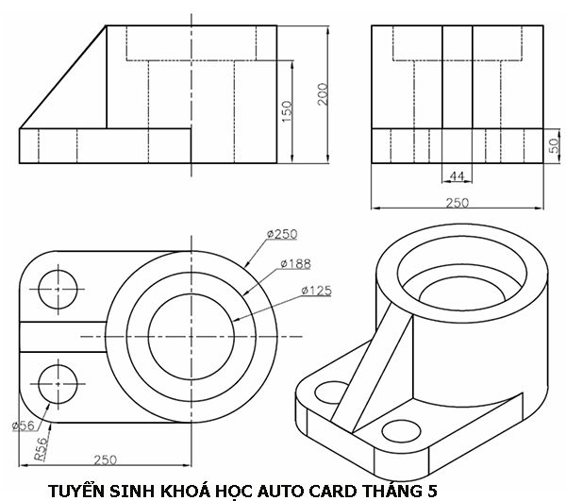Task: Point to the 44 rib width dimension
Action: click(457, 176)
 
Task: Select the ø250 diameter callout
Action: click(282, 234)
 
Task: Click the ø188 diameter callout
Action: click(295, 263)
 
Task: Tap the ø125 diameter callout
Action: click(316, 291)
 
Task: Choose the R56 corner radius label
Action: click(40, 448)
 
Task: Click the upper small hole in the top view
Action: click(58, 286)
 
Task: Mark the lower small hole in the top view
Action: click(58, 387)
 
